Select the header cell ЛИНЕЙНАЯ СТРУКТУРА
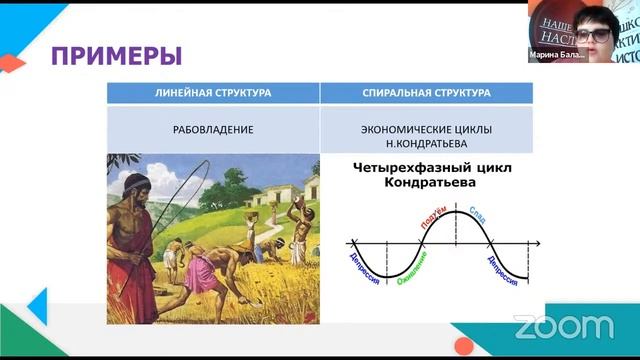pyautogui.click(x=213, y=93)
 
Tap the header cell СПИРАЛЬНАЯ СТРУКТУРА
pyautogui.click(x=426, y=93)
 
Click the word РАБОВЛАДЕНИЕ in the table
pyautogui.click(x=213, y=129)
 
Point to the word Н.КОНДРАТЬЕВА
pyautogui.click(x=426, y=143)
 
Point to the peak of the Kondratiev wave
pyautogui.click(x=454, y=212)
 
